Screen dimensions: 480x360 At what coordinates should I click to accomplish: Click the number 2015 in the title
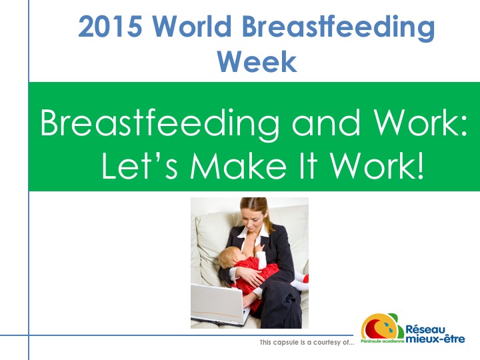pos(110,26)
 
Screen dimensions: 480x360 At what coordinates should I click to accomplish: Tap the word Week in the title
pos(257,61)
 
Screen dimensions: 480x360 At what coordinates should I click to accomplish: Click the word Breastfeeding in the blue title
pos(338,27)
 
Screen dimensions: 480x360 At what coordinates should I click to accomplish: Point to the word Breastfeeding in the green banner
pos(160,123)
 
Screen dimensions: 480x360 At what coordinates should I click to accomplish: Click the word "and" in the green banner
pos(326,123)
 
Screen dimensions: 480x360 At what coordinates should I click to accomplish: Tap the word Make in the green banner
pos(238,166)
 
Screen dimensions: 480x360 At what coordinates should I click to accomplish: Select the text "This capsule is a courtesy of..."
pos(307,342)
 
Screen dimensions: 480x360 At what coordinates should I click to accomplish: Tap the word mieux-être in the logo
pos(435,339)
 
